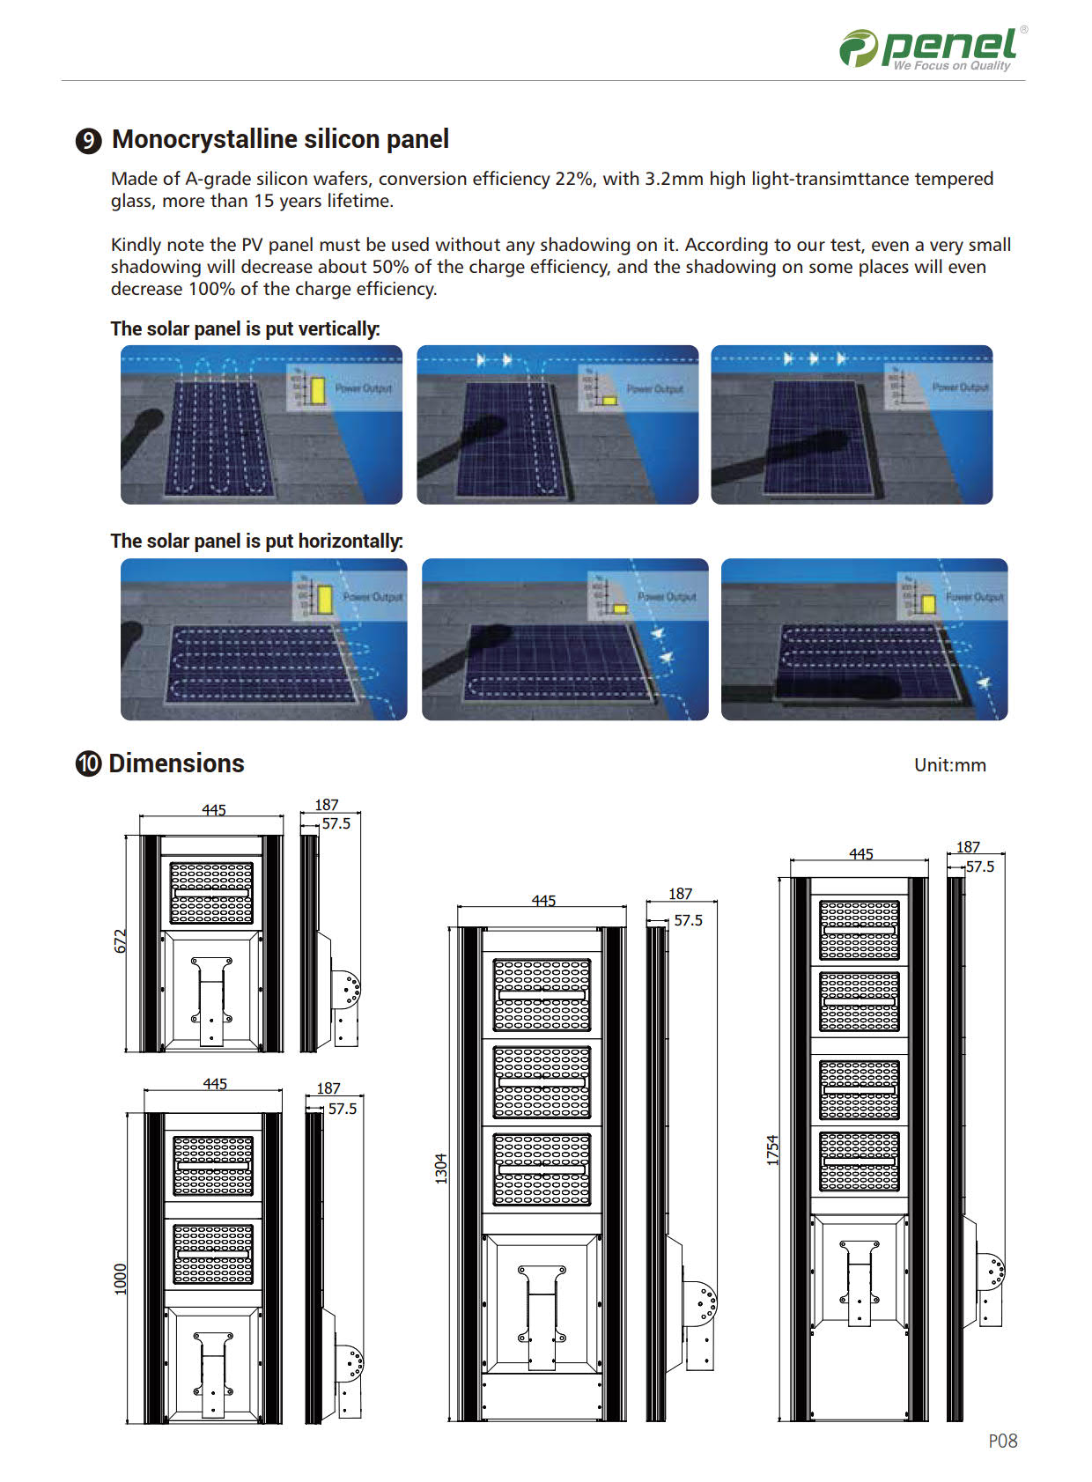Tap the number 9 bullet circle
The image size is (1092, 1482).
(x=88, y=141)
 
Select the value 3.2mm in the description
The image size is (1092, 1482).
(x=674, y=179)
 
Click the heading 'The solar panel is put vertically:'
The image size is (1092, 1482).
(x=245, y=329)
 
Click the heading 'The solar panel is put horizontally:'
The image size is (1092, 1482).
(x=256, y=542)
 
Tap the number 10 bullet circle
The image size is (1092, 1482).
(x=88, y=763)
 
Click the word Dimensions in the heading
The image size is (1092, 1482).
(x=176, y=763)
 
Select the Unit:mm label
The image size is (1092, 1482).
(x=949, y=765)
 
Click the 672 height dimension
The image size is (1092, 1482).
(x=121, y=940)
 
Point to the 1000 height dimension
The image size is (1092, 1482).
(x=121, y=1279)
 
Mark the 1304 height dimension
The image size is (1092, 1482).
(x=441, y=1168)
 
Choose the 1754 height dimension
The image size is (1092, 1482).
(x=772, y=1150)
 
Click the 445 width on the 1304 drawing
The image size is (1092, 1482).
(x=543, y=901)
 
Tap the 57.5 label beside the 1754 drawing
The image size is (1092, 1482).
(x=979, y=866)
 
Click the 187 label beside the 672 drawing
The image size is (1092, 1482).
(x=327, y=805)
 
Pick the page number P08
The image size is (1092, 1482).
(x=1002, y=1441)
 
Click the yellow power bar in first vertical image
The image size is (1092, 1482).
(x=317, y=391)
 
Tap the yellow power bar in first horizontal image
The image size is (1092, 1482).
(x=325, y=600)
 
